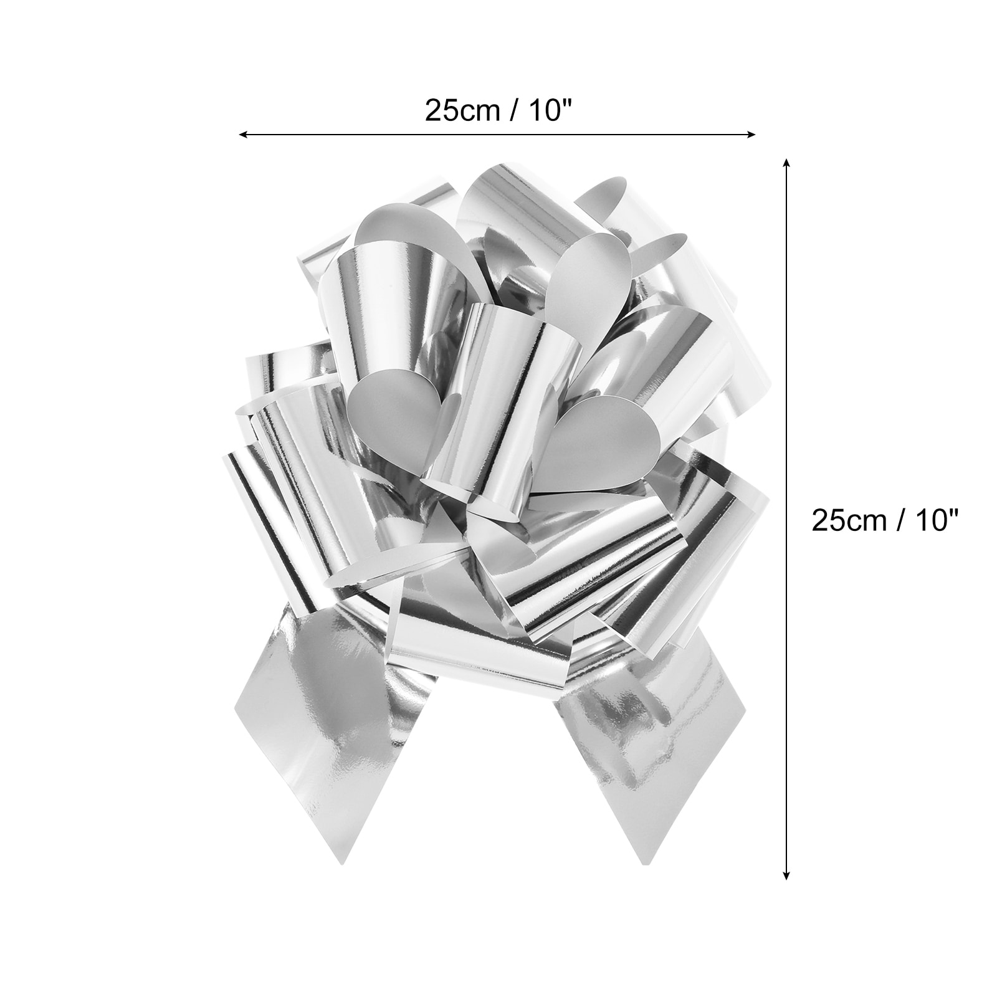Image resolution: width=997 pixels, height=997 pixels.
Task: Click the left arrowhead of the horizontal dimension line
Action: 244,133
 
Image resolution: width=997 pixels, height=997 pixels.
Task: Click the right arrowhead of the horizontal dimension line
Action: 751,133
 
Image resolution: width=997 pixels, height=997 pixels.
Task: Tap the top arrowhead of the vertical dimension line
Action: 787,163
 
